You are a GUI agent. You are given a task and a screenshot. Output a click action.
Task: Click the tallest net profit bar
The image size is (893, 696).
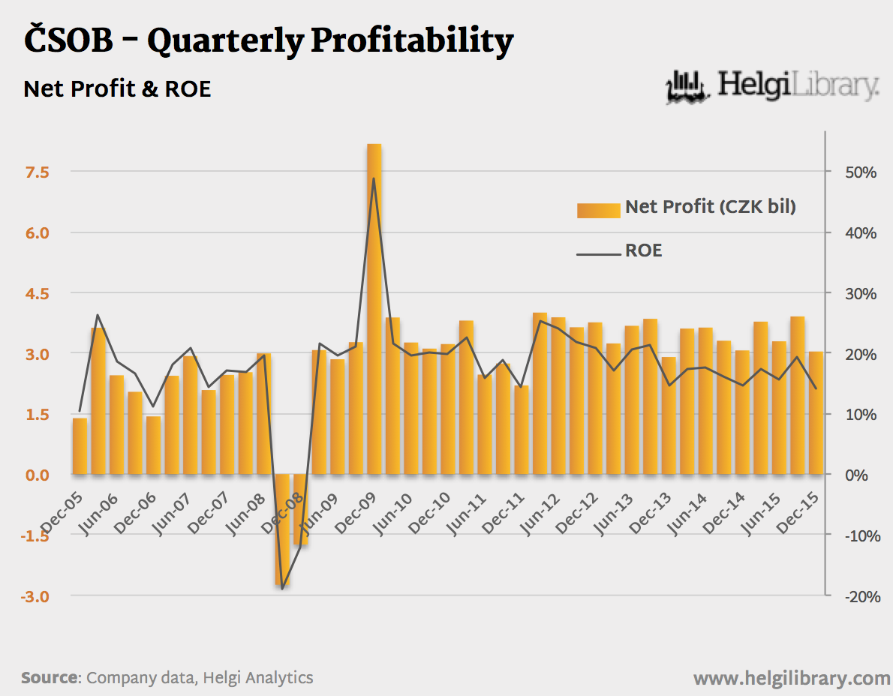click(x=374, y=308)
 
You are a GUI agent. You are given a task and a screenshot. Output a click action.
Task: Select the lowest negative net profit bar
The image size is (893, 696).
click(x=282, y=529)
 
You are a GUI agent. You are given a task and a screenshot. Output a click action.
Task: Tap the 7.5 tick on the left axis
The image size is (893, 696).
click(x=38, y=172)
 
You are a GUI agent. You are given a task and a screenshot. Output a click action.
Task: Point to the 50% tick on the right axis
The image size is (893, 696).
click(x=861, y=172)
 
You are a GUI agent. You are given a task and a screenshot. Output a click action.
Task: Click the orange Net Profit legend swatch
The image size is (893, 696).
click(x=598, y=209)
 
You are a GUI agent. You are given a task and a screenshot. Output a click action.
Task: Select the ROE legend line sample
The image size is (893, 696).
click(x=598, y=254)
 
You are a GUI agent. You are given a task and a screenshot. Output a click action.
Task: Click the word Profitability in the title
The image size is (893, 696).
click(x=412, y=40)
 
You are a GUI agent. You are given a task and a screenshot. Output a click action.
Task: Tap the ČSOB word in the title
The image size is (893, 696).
click(x=68, y=40)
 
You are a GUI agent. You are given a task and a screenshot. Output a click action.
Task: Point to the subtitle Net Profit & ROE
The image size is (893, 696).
click(x=117, y=88)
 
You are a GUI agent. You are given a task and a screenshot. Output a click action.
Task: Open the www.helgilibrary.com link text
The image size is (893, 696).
click(x=792, y=678)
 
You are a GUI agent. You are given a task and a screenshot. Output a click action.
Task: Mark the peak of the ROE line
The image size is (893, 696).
click(x=374, y=178)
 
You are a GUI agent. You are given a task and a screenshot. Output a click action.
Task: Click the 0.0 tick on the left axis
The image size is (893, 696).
click(x=38, y=475)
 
